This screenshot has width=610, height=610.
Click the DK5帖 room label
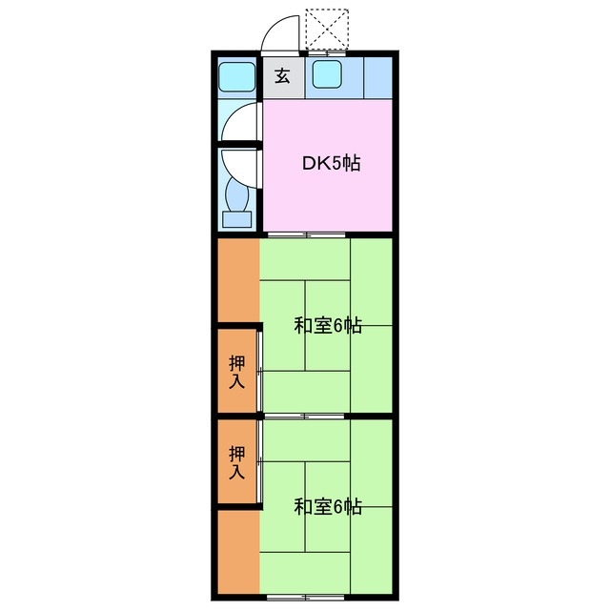click(331, 163)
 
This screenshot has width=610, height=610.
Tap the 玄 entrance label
click(283, 76)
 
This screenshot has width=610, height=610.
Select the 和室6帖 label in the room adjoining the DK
click(327, 325)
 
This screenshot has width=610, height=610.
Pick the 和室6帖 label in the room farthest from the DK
click(327, 506)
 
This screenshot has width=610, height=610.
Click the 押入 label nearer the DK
click(236, 371)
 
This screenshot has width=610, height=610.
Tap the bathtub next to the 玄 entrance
click(236, 76)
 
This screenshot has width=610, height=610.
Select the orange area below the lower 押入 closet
click(236, 552)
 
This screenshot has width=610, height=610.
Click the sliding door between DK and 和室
click(307, 234)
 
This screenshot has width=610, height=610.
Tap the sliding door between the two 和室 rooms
click(307, 417)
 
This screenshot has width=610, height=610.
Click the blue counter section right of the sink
click(377, 76)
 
